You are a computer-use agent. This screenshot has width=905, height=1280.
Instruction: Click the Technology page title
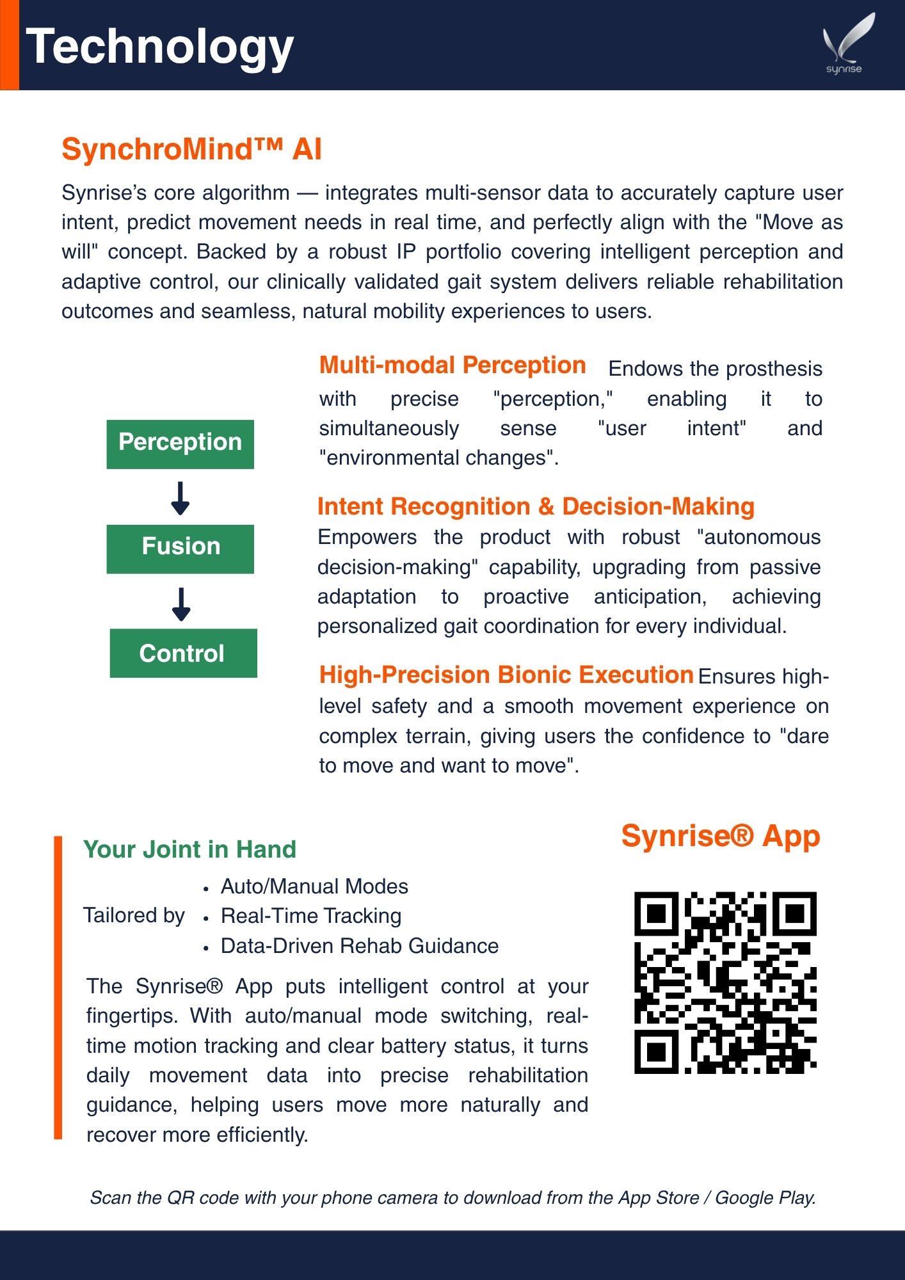[159, 47]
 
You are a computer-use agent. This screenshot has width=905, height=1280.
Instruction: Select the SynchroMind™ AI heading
[191, 149]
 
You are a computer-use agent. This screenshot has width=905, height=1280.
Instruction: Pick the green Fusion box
[180, 548]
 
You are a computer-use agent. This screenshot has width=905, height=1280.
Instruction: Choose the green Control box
[183, 653]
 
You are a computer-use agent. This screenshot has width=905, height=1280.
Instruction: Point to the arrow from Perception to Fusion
[180, 498]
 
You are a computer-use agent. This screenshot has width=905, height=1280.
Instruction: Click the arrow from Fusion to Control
[181, 604]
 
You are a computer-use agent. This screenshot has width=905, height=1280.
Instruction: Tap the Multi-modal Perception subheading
[452, 365]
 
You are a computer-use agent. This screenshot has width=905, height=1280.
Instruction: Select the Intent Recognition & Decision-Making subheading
[536, 506]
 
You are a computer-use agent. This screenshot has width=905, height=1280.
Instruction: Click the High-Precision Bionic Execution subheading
[506, 675]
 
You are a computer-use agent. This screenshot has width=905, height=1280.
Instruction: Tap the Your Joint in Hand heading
[189, 849]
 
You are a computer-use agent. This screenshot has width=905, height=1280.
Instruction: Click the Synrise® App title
[720, 836]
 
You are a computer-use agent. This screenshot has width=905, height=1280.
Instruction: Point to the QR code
[725, 982]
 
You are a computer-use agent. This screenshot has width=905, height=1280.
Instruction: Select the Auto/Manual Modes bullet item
[314, 886]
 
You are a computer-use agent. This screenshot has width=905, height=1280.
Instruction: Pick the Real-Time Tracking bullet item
[311, 916]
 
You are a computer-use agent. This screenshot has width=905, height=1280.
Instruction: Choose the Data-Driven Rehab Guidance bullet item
[359, 946]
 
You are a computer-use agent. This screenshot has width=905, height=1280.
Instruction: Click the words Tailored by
[134, 916]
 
